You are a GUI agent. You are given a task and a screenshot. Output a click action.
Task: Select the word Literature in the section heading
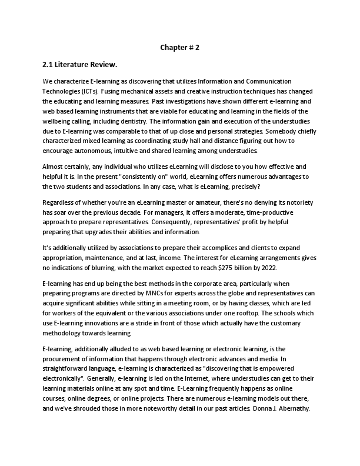[78, 65]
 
